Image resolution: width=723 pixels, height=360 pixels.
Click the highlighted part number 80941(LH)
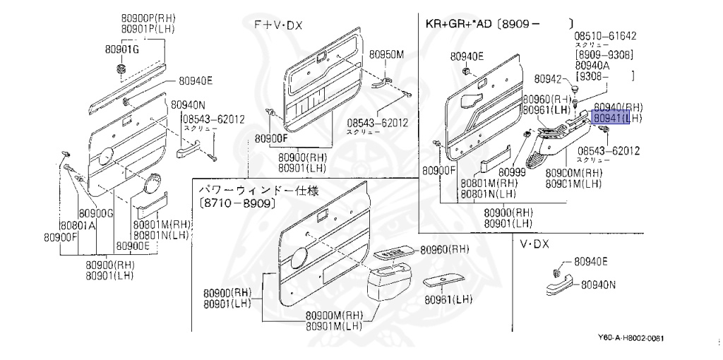616,119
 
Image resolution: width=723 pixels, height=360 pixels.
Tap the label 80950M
388,54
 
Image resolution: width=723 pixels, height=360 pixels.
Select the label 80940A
594,64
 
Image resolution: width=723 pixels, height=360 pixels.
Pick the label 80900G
96,213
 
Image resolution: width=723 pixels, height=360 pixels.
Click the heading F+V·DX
278,25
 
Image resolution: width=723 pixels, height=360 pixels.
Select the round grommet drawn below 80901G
119,69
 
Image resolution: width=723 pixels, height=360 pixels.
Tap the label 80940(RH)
616,107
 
